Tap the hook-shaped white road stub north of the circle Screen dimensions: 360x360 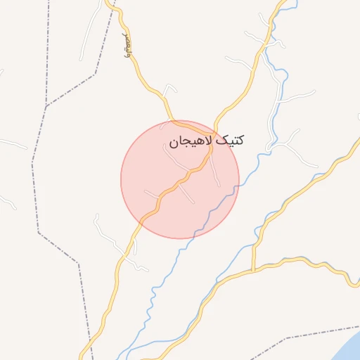pos(169,89)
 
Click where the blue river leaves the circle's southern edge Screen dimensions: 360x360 pos(198,235)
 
